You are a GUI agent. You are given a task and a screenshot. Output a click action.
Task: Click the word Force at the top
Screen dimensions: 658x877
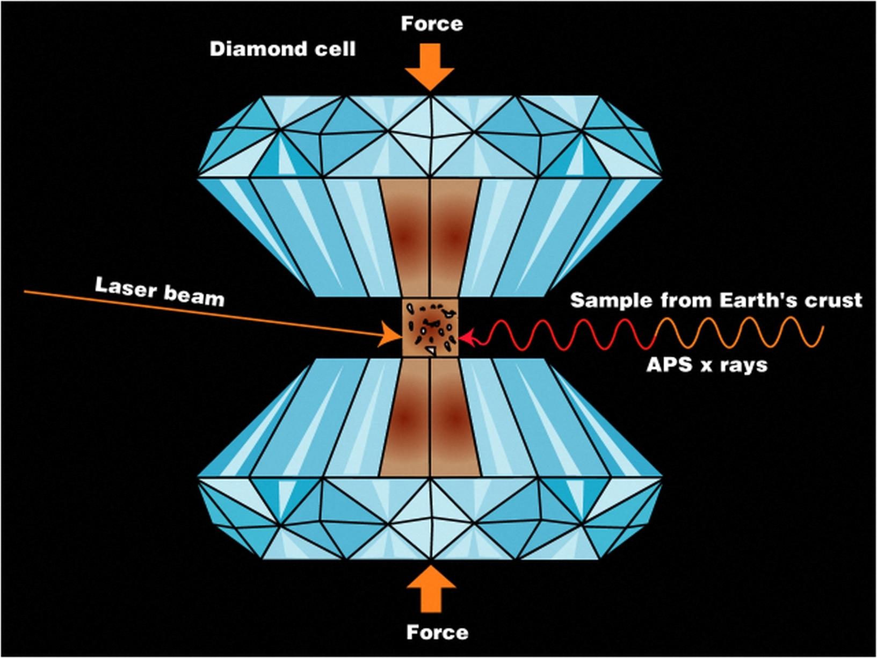click(432, 24)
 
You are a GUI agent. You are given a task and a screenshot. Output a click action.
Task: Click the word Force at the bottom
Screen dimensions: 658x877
click(437, 632)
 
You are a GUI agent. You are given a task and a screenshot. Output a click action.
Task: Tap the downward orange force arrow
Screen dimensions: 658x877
click(430, 68)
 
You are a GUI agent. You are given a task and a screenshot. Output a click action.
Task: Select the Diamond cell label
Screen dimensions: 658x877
click(282, 49)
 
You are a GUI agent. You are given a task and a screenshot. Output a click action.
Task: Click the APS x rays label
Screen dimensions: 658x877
click(707, 365)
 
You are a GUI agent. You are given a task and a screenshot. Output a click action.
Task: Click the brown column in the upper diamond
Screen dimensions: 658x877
click(430, 236)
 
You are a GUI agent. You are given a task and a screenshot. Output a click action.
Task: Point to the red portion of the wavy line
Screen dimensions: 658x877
click(564, 334)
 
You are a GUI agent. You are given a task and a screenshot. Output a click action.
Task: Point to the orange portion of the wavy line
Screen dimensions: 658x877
click(752, 333)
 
